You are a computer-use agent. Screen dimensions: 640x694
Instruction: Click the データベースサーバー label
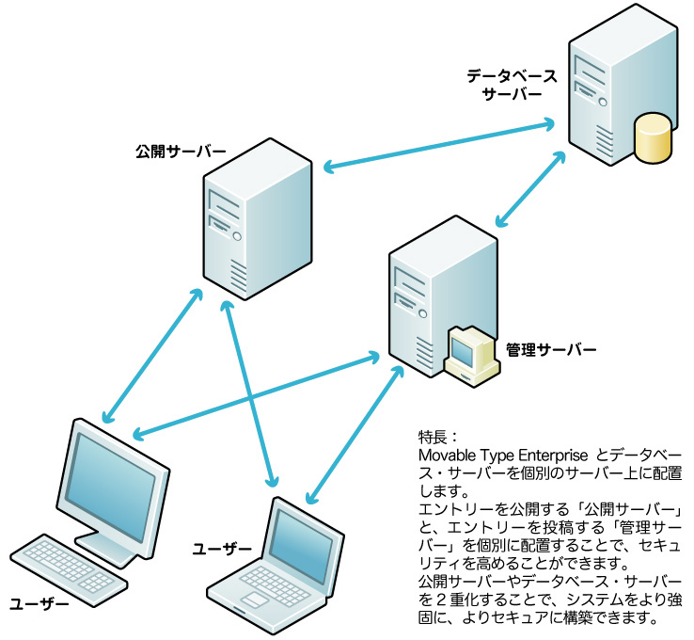pyautogui.click(x=512, y=85)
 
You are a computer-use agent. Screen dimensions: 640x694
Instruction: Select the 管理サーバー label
pyautogui.click(x=551, y=349)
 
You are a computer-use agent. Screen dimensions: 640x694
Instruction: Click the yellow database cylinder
pyautogui.click(x=653, y=137)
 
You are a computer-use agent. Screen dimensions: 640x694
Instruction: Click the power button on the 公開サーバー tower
pyautogui.click(x=238, y=236)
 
